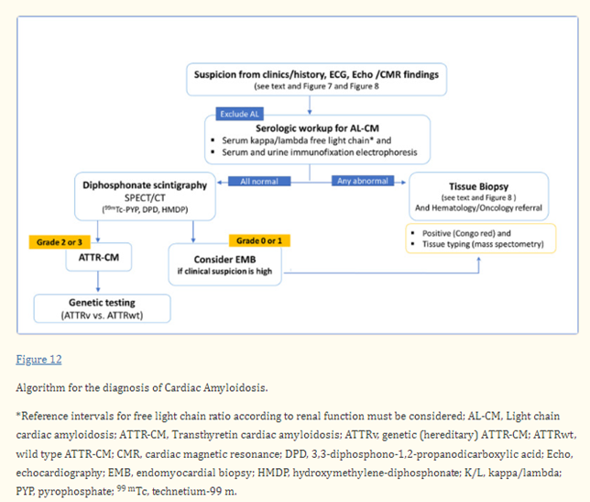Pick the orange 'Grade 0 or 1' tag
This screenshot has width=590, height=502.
pyautogui.click(x=259, y=241)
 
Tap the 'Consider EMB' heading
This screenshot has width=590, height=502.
pyautogui.click(x=225, y=260)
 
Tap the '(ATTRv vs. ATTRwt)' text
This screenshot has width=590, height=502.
pyautogui.click(x=102, y=316)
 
